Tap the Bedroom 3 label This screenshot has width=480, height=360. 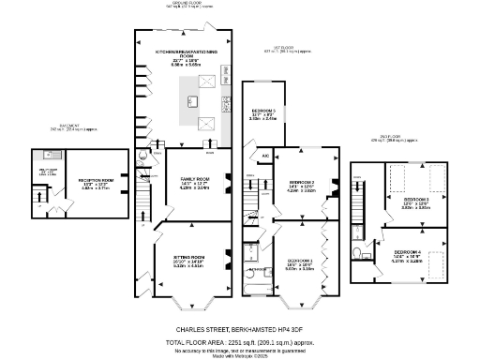[416, 199]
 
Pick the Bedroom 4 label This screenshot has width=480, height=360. [406, 252]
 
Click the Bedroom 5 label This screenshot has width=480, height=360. [262, 110]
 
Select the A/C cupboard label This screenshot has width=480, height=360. [265, 156]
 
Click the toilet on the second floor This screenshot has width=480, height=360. [356, 253]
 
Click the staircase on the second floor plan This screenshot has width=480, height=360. [360, 210]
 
